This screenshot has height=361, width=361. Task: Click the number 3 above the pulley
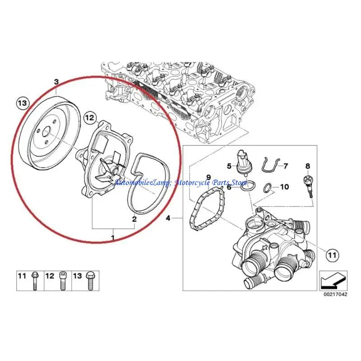click(x=56, y=82)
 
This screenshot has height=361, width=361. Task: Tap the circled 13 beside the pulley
click(x=22, y=103)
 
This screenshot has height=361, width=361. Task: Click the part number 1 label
click(x=113, y=236)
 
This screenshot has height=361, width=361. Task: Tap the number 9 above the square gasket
click(x=208, y=176)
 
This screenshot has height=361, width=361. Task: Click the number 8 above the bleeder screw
click(x=308, y=167)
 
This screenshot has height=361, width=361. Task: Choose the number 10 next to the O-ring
click(x=284, y=186)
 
